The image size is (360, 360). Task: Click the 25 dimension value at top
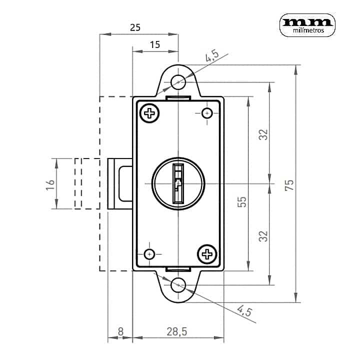[x=135, y=27]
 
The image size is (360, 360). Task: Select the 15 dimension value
[x=154, y=44]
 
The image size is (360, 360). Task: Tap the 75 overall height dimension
[x=289, y=185]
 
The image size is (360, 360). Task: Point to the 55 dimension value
[x=242, y=202]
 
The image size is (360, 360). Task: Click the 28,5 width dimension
[x=177, y=331]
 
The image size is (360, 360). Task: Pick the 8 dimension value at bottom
[x=120, y=331]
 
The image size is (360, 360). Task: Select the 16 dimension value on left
[x=50, y=185]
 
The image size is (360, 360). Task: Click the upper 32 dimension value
[x=263, y=134]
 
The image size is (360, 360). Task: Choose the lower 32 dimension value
[x=263, y=236]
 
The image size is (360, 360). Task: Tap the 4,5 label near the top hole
[x=212, y=56]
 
